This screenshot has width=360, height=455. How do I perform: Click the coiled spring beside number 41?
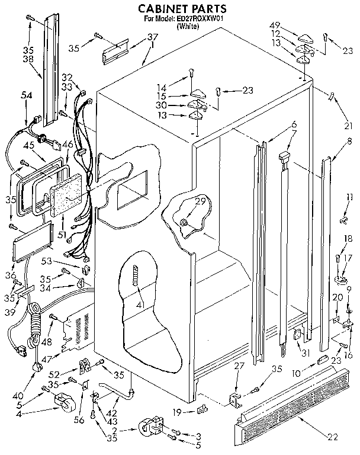point(136,276)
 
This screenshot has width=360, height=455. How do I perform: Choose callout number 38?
point(27,59)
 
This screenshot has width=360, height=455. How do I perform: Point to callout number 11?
point(350,197)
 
